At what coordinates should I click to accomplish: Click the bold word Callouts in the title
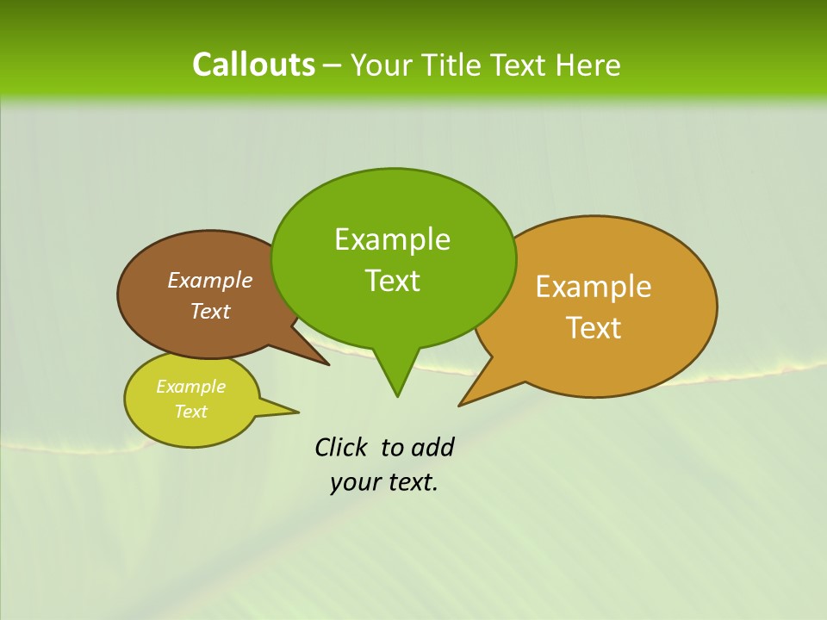(253, 65)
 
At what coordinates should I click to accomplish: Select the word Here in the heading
(588, 65)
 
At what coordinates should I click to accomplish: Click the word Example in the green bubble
(392, 239)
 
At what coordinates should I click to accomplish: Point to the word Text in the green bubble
(392, 281)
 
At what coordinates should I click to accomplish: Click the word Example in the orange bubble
(594, 287)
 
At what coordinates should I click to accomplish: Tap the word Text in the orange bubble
(594, 328)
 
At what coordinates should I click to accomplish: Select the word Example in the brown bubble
(209, 281)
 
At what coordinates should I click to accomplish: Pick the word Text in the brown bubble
(210, 311)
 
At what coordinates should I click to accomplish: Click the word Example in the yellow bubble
(190, 387)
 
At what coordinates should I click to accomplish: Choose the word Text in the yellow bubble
(190, 412)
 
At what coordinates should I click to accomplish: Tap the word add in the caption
(432, 447)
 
